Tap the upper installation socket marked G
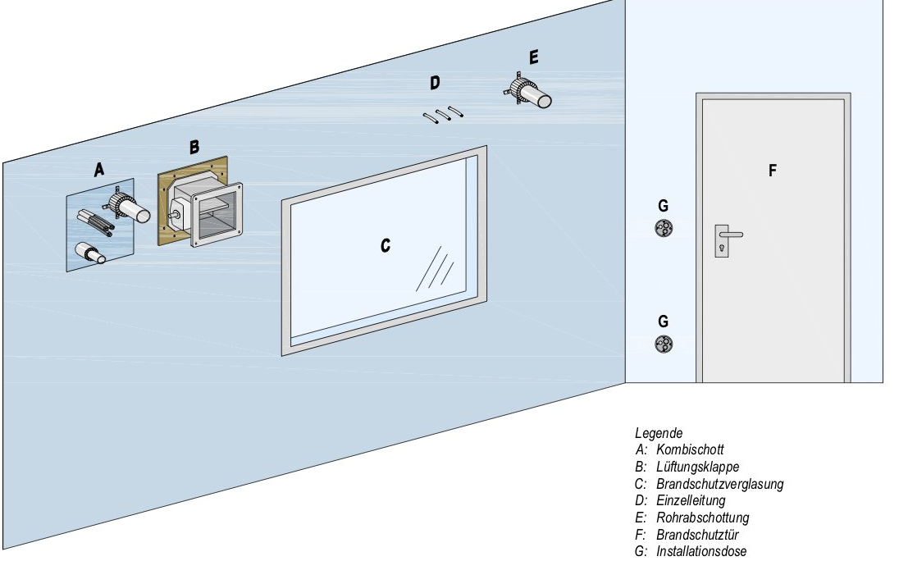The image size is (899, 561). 663,229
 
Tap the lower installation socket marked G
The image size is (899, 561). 663,345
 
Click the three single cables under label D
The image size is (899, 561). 444,115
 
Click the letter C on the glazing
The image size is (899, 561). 385,244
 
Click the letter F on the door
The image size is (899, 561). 772,171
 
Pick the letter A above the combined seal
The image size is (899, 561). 99,170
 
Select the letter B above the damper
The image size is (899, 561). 194,147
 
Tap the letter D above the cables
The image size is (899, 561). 435,82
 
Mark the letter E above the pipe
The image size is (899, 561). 534,57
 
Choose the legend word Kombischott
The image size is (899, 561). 690,450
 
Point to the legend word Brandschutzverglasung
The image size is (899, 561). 719,484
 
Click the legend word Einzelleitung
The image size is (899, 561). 691,500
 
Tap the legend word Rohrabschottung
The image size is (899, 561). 702,518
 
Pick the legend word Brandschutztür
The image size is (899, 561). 697,535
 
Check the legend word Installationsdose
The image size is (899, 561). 701,551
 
